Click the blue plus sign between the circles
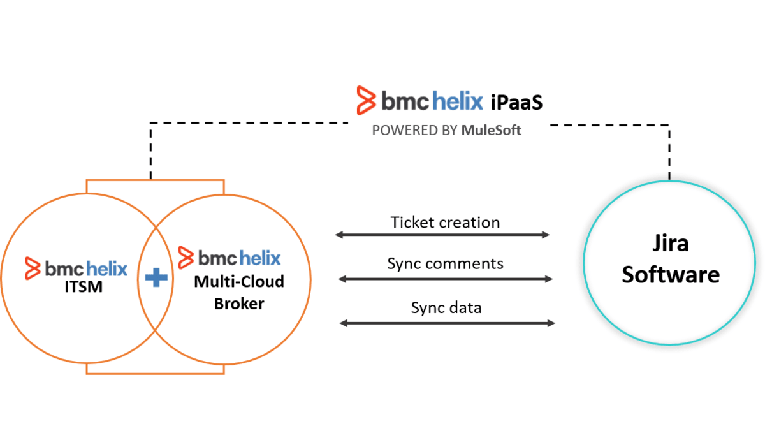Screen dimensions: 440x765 [156, 278]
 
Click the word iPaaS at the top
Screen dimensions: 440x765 [517, 101]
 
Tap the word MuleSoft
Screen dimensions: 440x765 [491, 131]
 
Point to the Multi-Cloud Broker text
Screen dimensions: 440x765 [239, 292]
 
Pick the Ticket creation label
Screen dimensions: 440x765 [445, 223]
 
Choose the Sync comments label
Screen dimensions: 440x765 [445, 263]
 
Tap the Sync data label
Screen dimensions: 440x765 [446, 308]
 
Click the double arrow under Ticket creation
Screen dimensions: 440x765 [442, 235]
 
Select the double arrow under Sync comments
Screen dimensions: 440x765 [445, 279]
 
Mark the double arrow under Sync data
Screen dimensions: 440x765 [448, 323]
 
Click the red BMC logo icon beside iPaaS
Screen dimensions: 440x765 [367, 100]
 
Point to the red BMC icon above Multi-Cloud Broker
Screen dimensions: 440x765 [186, 258]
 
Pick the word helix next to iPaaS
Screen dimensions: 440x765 [458, 100]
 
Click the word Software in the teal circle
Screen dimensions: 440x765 [670, 274]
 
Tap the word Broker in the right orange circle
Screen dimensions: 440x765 [239, 304]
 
